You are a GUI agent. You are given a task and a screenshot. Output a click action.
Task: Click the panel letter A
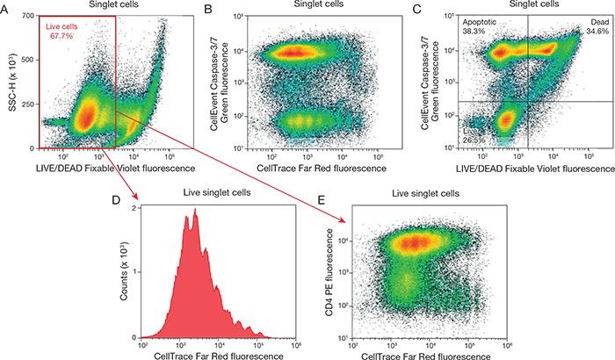click(4, 9)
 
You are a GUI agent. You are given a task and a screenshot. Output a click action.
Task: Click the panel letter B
click(208, 9)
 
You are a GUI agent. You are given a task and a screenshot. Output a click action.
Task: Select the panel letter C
click(417, 9)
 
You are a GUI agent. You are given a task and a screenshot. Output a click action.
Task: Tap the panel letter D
click(116, 200)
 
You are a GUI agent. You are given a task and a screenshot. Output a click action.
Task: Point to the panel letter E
click(322, 200)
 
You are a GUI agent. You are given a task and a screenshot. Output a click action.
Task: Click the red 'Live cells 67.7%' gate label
click(61, 32)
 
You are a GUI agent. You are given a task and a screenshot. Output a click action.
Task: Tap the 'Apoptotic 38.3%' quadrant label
click(480, 26)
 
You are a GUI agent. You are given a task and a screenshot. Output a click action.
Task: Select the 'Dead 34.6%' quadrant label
click(597, 26)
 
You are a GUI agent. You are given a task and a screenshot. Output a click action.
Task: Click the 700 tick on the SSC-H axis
click(28, 16)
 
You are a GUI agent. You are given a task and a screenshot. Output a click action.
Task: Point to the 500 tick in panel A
click(28, 60)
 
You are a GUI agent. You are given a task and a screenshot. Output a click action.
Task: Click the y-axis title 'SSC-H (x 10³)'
click(12, 83)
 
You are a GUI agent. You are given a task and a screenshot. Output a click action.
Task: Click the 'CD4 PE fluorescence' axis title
click(329, 273)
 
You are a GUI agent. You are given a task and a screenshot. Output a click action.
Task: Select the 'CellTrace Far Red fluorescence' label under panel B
click(322, 169)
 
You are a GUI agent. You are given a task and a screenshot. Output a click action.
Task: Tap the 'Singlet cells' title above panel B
click(319, 4)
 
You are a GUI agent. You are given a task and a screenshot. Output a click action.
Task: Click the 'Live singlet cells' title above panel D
click(217, 192)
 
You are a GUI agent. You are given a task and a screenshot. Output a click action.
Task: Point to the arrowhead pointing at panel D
click(135, 195)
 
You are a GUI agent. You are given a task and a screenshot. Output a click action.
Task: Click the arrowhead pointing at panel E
click(341, 220)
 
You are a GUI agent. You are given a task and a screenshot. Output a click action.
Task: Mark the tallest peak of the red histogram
click(195, 209)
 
